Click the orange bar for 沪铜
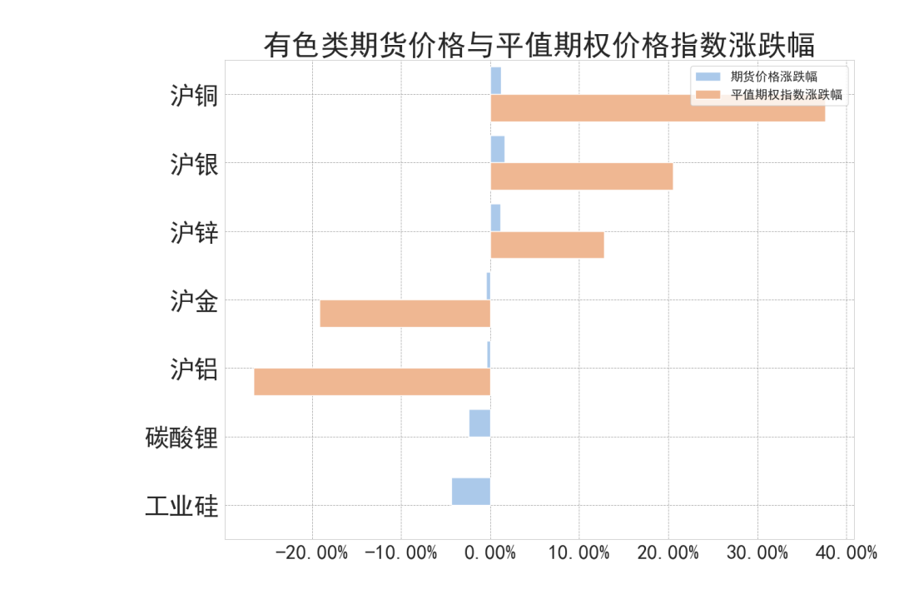click(658, 108)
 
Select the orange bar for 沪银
click(581, 176)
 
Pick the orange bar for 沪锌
click(547, 245)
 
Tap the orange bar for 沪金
click(405, 314)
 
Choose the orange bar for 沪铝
click(372, 382)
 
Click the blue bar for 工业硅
click(471, 491)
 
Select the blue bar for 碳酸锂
click(479, 423)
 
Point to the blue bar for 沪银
click(497, 149)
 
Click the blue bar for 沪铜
click(495, 81)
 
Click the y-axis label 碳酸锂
click(181, 438)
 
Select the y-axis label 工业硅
click(181, 506)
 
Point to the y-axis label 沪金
click(194, 301)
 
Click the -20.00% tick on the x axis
click(312, 552)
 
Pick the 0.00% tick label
click(490, 552)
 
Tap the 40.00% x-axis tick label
click(846, 552)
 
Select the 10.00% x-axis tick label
click(579, 552)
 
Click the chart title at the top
click(539, 44)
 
